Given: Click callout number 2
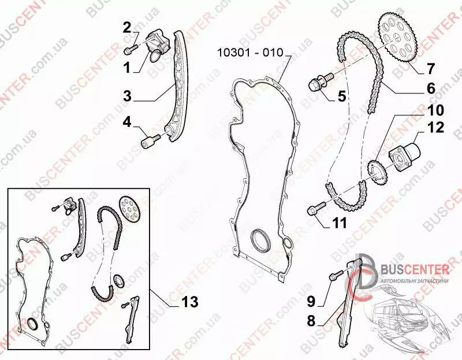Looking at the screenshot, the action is [126, 28].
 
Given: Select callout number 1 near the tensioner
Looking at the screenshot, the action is [127, 67].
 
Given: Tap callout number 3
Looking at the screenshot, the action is [127, 96].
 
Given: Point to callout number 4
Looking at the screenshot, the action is [127, 122].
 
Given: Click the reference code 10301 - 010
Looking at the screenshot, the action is [250, 52].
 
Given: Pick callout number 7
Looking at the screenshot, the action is [430, 69].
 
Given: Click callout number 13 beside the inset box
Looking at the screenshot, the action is [190, 302].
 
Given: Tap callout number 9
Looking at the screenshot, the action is [311, 301].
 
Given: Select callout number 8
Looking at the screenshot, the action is [311, 321].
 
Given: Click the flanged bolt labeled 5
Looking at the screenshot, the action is [321, 81].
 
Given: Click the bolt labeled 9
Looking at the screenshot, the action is [336, 275].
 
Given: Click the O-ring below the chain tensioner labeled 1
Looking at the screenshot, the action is [155, 56].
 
